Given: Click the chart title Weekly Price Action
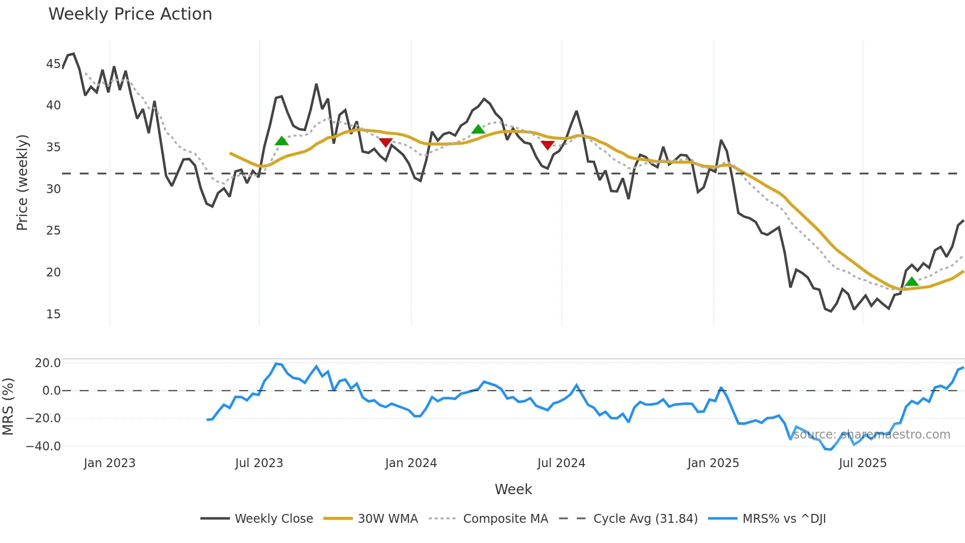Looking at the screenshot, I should (130, 14).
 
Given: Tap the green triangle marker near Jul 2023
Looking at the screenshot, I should (282, 141).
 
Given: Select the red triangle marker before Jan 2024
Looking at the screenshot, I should (386, 142).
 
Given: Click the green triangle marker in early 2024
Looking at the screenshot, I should (478, 130).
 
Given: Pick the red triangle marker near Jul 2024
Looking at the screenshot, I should (547, 145).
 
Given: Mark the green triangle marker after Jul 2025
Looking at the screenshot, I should (912, 282).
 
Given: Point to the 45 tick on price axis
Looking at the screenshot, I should (53, 64).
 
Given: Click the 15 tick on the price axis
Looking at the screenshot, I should (53, 314).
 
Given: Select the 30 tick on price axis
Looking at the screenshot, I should (53, 189).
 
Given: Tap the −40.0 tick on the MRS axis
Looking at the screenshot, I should (43, 446).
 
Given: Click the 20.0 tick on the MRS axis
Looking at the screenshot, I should (48, 363).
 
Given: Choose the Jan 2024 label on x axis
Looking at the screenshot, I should (411, 463).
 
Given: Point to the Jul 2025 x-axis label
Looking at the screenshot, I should (863, 463).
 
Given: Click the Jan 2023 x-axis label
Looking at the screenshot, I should (109, 463).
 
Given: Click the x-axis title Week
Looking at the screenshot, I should (513, 489).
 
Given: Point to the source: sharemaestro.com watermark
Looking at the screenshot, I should (871, 435).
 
